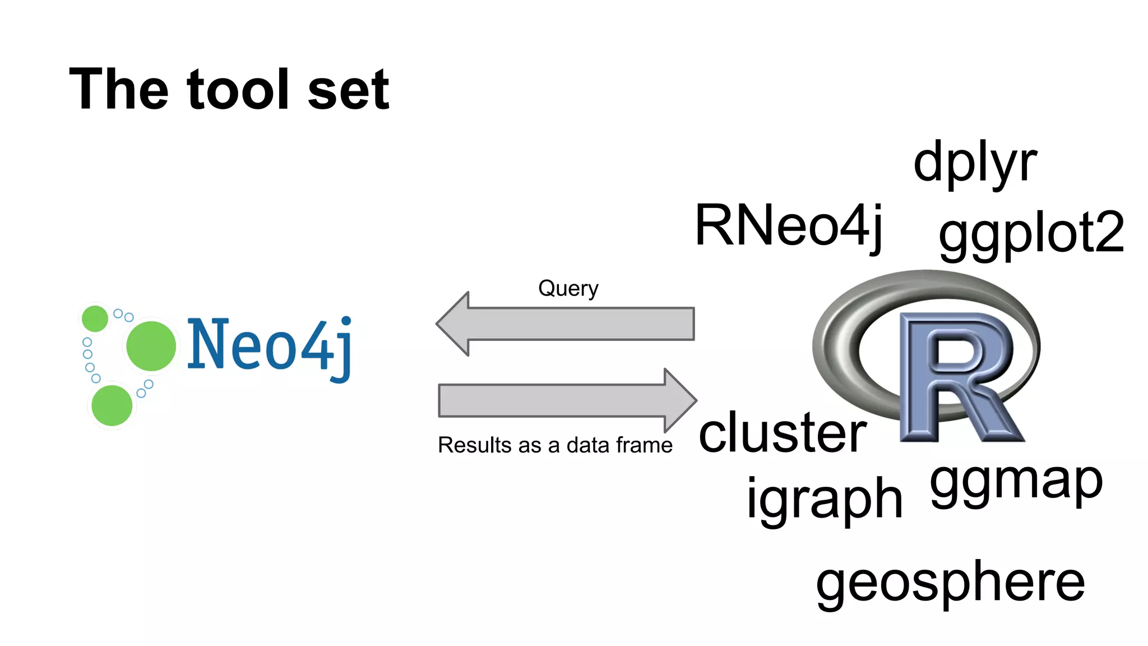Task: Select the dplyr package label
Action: click(975, 164)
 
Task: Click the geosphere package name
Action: click(950, 583)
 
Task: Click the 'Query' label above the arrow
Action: click(568, 289)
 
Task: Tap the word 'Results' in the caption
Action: click(475, 445)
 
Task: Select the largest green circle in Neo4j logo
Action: click(151, 346)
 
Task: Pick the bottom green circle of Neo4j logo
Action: click(112, 405)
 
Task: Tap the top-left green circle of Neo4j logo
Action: click(95, 319)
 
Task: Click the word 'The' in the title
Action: click(118, 90)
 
